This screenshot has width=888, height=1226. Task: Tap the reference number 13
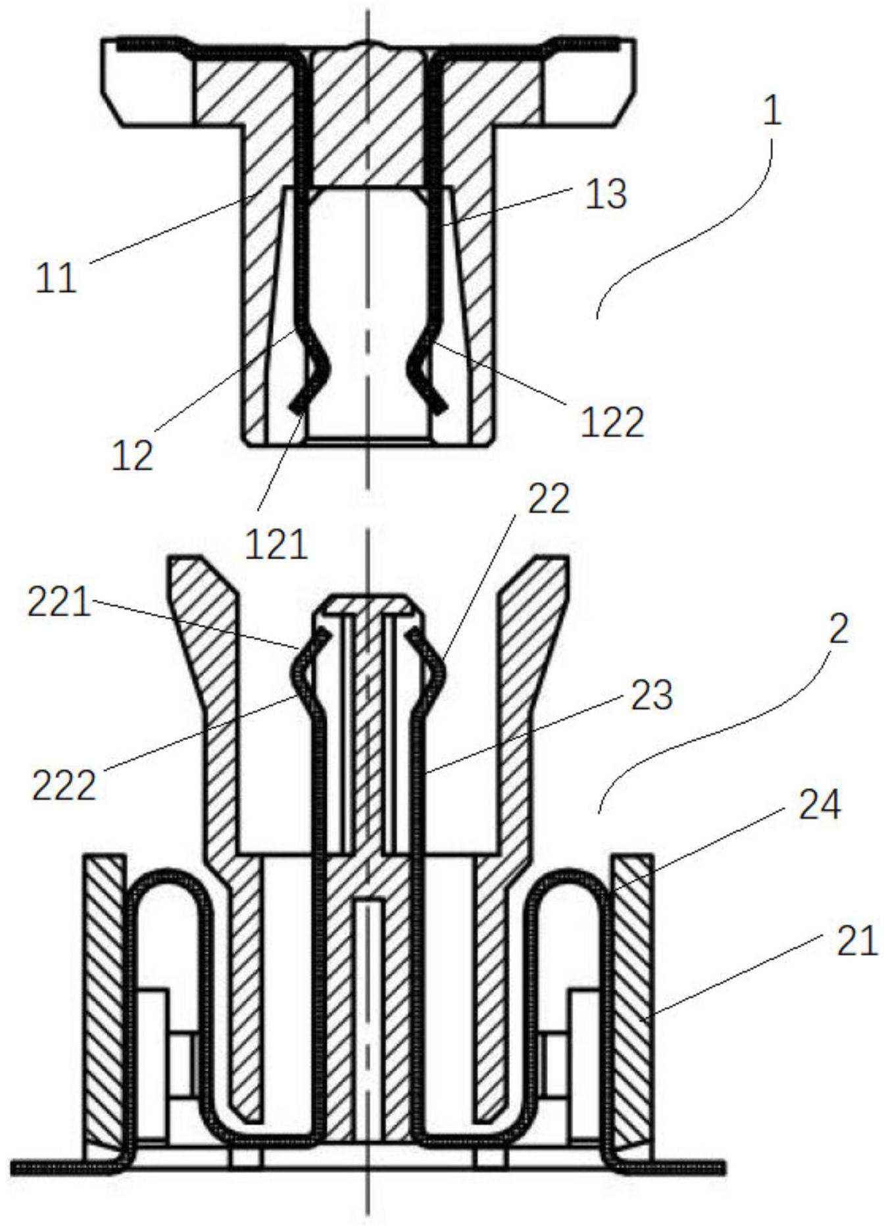point(606,194)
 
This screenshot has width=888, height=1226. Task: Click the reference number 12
point(132,454)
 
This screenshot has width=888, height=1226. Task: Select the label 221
point(59,602)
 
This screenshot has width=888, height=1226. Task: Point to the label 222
point(64,785)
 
